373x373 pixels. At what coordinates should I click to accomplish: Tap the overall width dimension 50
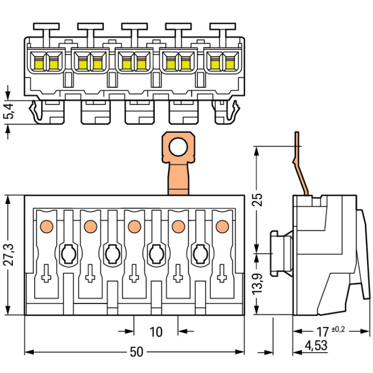(x=136, y=352)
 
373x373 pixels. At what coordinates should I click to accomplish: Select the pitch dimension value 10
(x=156, y=332)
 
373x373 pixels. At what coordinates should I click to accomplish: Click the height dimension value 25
(x=258, y=200)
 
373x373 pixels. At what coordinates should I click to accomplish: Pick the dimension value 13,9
(x=258, y=284)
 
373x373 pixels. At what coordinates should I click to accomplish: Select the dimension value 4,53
(x=313, y=346)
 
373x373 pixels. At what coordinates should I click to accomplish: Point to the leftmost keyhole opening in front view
(x=68, y=254)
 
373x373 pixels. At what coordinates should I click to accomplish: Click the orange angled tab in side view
(x=300, y=164)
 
